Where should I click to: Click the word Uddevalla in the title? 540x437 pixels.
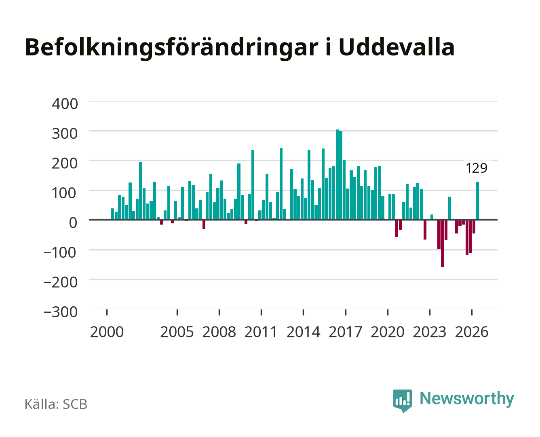(x=396, y=47)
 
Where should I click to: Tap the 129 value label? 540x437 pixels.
(x=477, y=168)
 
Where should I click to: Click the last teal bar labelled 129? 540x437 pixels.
(x=477, y=200)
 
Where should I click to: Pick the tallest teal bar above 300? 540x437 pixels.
(x=337, y=174)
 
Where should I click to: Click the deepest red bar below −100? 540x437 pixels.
(x=442, y=243)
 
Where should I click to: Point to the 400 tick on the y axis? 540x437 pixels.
(x=65, y=104)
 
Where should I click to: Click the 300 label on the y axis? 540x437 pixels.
(x=65, y=134)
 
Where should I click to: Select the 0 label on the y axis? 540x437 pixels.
(x=73, y=223)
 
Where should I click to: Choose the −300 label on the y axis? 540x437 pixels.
(x=60, y=312)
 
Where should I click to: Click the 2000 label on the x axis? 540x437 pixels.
(x=107, y=332)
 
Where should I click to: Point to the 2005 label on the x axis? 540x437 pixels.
(x=177, y=332)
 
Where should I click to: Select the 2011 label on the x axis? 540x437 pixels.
(x=261, y=332)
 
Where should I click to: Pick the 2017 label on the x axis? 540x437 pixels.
(x=346, y=332)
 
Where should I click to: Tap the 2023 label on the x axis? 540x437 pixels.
(x=430, y=332)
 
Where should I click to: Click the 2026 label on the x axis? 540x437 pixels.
(x=472, y=332)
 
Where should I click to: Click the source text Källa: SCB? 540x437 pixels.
(x=56, y=404)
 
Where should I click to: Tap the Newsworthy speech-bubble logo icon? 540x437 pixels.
(x=402, y=401)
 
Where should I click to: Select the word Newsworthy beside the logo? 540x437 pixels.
(x=467, y=399)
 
